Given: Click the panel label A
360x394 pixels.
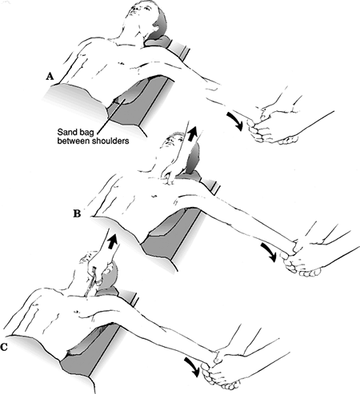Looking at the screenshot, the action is tap(50, 77).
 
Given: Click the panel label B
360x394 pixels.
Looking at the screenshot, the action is tap(77, 213).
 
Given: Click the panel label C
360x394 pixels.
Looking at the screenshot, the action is tap(4, 347).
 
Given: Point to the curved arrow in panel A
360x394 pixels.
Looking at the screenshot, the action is tap(235, 121).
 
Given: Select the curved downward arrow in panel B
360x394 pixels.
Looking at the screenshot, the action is tap(269, 252).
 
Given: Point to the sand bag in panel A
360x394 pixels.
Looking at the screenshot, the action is tap(128, 98).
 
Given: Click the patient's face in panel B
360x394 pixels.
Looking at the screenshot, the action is tap(172, 141).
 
